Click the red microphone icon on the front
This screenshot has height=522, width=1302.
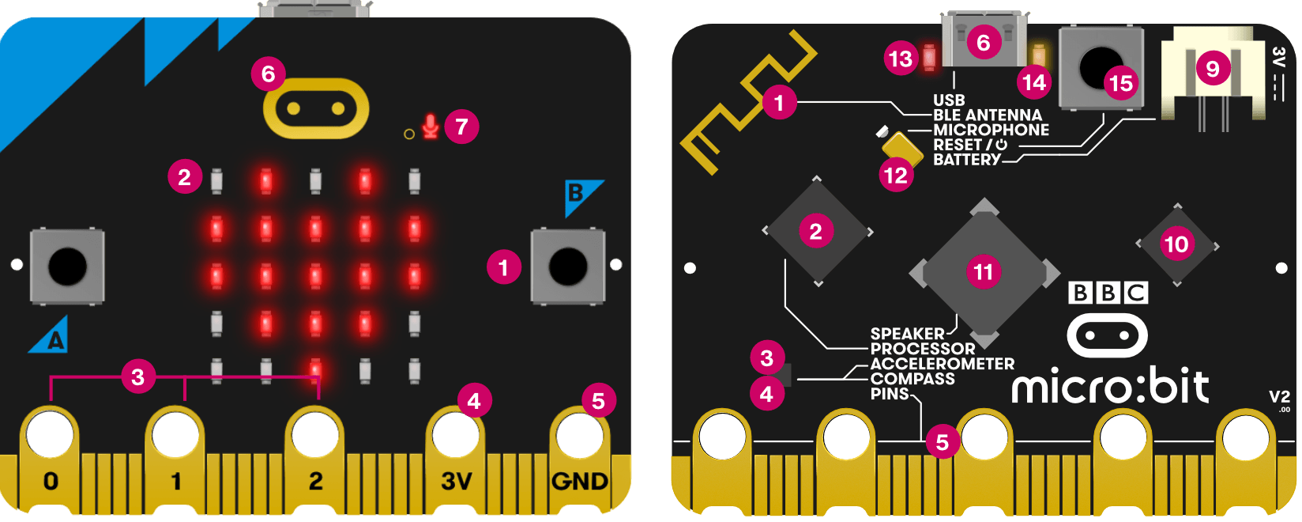[x=430, y=127]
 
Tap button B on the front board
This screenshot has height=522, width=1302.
[x=568, y=267]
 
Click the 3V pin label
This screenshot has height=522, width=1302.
[x=456, y=481]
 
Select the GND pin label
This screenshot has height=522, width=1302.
[x=580, y=481]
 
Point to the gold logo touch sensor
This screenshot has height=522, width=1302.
[x=316, y=108]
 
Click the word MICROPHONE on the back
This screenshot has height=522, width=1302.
[x=991, y=130]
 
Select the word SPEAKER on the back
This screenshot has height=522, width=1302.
[x=907, y=334]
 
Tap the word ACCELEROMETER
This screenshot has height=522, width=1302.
[x=943, y=364]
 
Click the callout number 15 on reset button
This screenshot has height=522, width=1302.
[x=1120, y=82]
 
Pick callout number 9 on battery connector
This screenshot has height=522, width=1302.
[x=1213, y=69]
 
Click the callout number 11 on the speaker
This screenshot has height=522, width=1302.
[x=983, y=272]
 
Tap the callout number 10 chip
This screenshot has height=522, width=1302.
[x=1177, y=244]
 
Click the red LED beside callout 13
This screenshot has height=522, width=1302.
[x=929, y=58]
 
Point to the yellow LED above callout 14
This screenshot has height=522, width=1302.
[x=1038, y=56]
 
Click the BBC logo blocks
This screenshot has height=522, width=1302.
[x=1108, y=293]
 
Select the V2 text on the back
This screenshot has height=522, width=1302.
[x=1279, y=396]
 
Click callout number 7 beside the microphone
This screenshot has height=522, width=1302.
[x=461, y=127]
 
